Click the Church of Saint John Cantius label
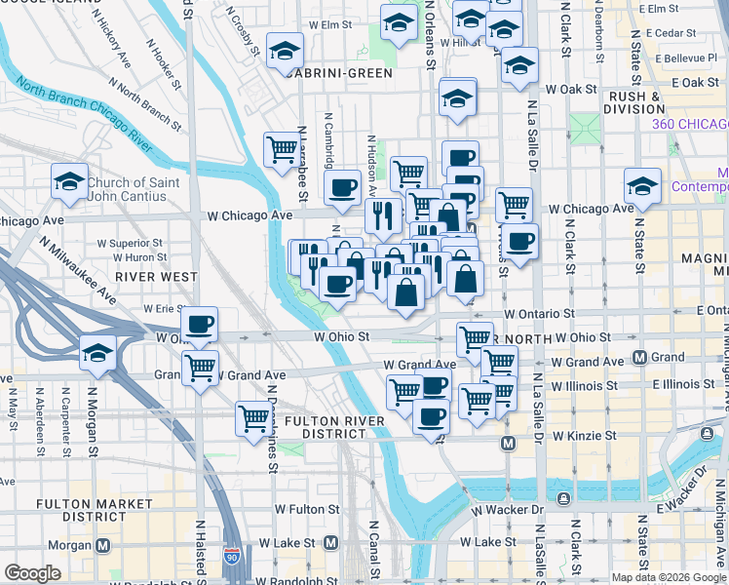click(x=133, y=189)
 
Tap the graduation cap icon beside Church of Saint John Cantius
click(x=70, y=181)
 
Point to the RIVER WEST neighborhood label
click(x=156, y=277)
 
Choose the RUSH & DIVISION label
click(x=634, y=102)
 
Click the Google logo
click(x=32, y=573)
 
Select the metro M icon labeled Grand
click(x=639, y=357)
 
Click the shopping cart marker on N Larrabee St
click(x=281, y=150)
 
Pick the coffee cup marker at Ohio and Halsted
click(x=199, y=325)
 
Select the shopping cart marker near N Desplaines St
click(x=253, y=418)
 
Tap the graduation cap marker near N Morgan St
click(x=97, y=352)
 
